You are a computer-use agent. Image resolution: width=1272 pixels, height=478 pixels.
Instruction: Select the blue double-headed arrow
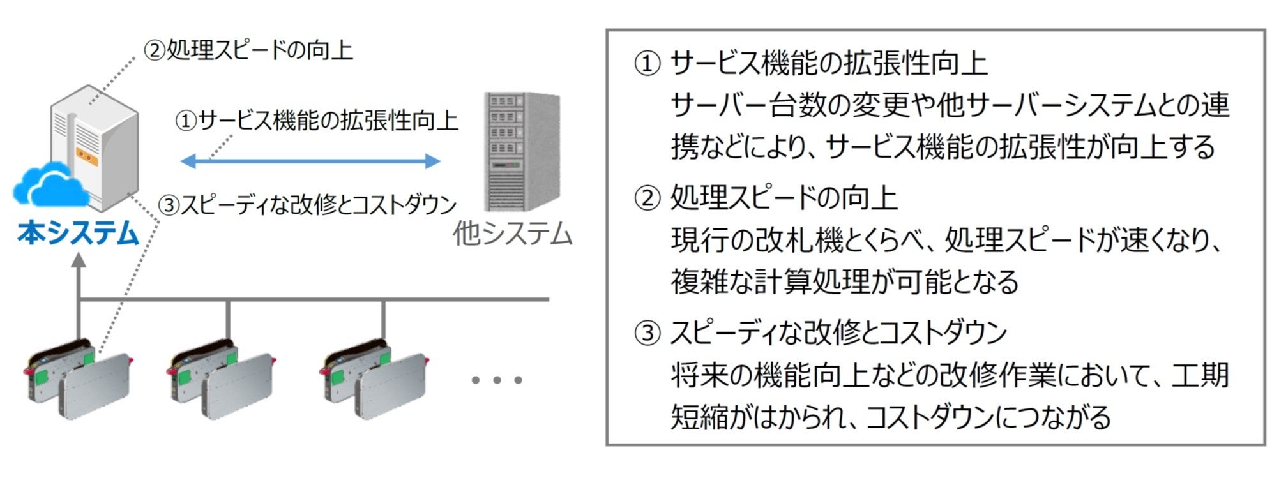coord(310,160)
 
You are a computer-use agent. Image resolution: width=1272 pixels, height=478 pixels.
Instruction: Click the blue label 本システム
coord(78,234)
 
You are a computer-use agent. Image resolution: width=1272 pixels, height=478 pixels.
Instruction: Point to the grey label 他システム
coord(512,234)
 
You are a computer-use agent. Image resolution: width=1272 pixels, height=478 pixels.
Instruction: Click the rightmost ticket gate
coord(374,383)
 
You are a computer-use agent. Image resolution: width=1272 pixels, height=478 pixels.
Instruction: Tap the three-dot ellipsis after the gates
coord(497,380)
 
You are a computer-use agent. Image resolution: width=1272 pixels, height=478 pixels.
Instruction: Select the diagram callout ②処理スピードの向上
coord(248,50)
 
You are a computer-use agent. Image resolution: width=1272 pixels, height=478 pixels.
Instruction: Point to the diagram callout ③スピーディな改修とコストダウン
coord(308,205)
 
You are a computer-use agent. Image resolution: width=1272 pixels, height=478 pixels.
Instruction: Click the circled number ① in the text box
coord(646,64)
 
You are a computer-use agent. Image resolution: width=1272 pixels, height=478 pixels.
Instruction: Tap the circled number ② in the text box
coord(646,198)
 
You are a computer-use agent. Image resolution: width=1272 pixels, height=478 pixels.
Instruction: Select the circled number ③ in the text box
coord(646,333)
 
